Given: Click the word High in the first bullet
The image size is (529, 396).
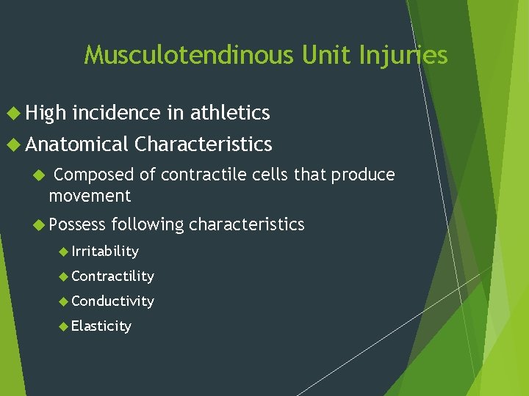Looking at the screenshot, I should tap(46, 113).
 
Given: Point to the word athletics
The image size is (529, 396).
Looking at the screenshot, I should tap(230, 113).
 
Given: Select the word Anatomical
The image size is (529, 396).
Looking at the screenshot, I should tap(77, 144).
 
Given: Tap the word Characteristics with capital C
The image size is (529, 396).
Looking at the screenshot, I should tap(204, 144).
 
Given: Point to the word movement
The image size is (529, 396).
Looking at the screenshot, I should tap(90, 196).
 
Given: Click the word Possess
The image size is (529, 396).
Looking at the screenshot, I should tap(77, 224).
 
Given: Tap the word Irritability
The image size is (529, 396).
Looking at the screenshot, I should tap(105, 252).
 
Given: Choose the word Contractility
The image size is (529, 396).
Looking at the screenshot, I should tap(113, 276).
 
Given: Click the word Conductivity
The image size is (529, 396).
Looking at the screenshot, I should tap(113, 301).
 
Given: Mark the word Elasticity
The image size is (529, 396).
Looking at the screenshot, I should tap(101, 326).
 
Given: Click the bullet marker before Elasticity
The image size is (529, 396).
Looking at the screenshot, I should tap(64, 326).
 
